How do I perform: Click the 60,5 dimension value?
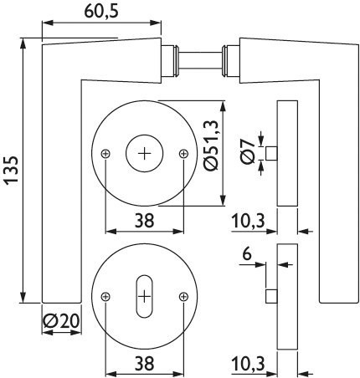click(101, 12)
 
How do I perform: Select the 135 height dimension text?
click(12, 170)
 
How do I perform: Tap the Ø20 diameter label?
click(61, 321)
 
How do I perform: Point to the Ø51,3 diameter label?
click(210, 146)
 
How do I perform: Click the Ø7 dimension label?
click(248, 152)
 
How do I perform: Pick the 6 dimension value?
click(247, 254)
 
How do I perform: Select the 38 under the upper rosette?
click(144, 221)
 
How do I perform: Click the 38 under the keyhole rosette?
click(144, 364)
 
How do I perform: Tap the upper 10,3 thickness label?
click(248, 222)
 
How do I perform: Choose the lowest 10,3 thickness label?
click(248, 364)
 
